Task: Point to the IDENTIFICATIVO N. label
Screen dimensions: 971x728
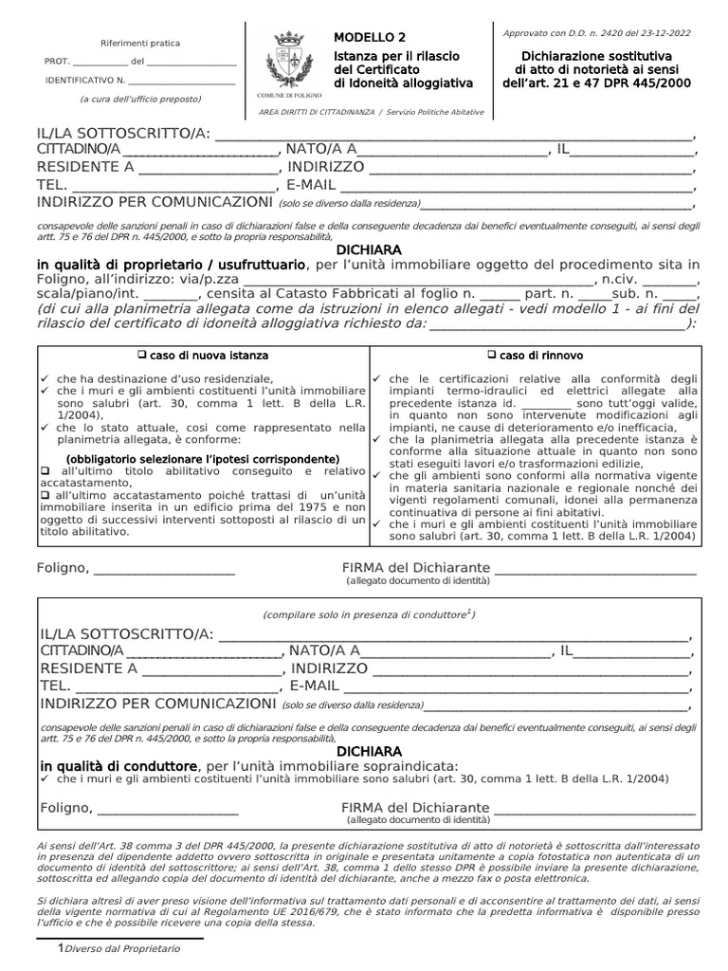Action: tap(85, 81)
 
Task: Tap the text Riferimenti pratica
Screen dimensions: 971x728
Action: tap(139, 43)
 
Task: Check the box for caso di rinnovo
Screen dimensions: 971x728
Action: tap(492, 356)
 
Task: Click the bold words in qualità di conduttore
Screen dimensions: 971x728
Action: tap(118, 766)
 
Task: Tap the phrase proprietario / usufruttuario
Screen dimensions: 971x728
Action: tap(224, 264)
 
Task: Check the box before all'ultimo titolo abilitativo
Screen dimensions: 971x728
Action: tap(44, 471)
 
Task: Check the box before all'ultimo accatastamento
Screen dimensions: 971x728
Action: tap(44, 496)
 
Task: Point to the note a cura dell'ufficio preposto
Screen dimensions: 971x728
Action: tap(139, 99)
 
